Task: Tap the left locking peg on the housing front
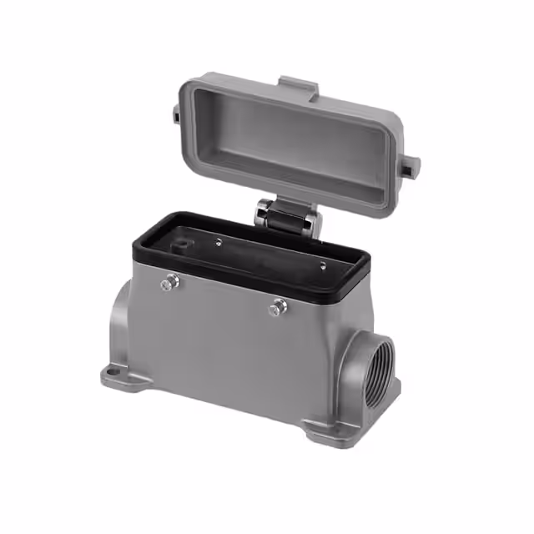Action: [x=169, y=284]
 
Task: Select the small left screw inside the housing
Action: [x=219, y=243]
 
